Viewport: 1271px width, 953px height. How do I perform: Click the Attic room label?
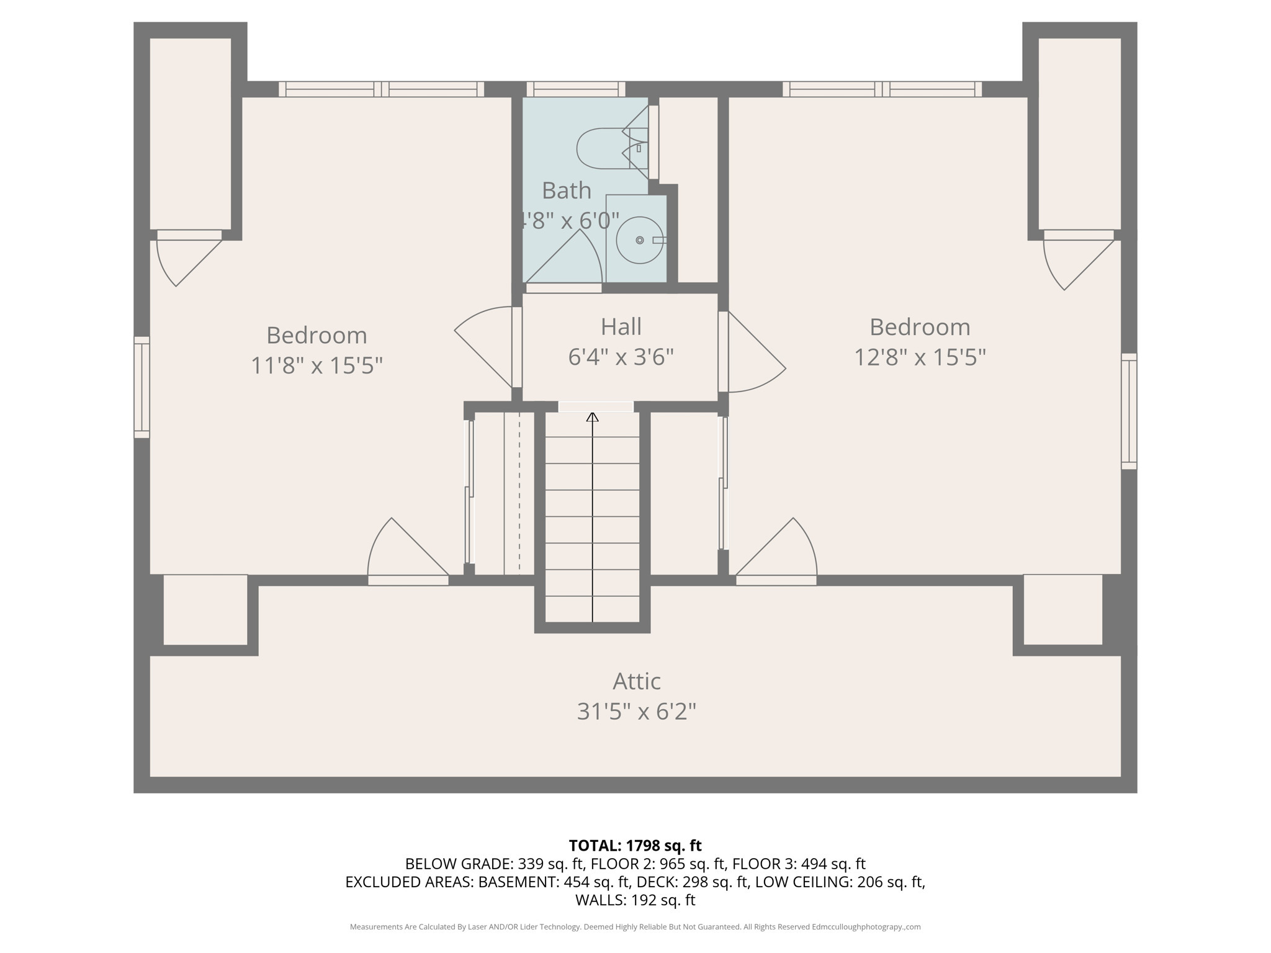(x=636, y=681)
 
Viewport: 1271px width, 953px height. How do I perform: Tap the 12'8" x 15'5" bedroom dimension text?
(x=920, y=357)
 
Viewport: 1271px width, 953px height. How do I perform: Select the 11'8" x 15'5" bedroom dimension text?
(x=317, y=365)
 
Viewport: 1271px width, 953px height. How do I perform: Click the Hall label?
(x=621, y=327)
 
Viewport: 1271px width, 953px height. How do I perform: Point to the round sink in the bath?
(x=639, y=240)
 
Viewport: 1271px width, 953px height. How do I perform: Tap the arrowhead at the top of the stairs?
(x=593, y=417)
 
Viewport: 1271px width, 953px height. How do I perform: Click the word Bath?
(x=566, y=190)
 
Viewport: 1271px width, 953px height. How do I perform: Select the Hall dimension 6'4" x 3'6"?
(x=621, y=357)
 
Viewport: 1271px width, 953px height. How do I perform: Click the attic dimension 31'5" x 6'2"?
(x=636, y=712)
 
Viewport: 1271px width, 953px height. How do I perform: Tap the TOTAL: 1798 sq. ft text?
(x=635, y=846)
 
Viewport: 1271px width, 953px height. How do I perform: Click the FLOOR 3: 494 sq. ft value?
(x=799, y=864)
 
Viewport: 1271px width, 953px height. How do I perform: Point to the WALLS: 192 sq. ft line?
(x=635, y=900)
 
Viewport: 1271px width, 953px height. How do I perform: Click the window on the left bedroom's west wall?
(x=141, y=387)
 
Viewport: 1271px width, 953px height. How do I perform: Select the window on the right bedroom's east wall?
(x=1129, y=411)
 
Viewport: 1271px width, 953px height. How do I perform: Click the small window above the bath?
(x=576, y=89)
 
